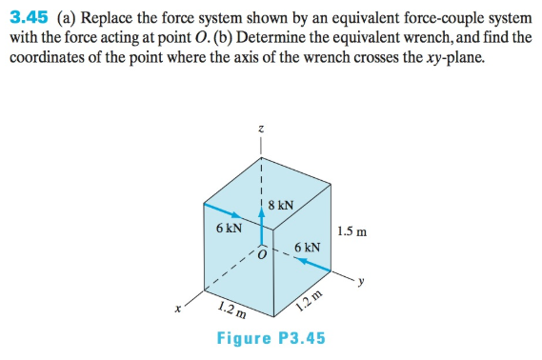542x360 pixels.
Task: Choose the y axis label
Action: [x=362, y=282]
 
